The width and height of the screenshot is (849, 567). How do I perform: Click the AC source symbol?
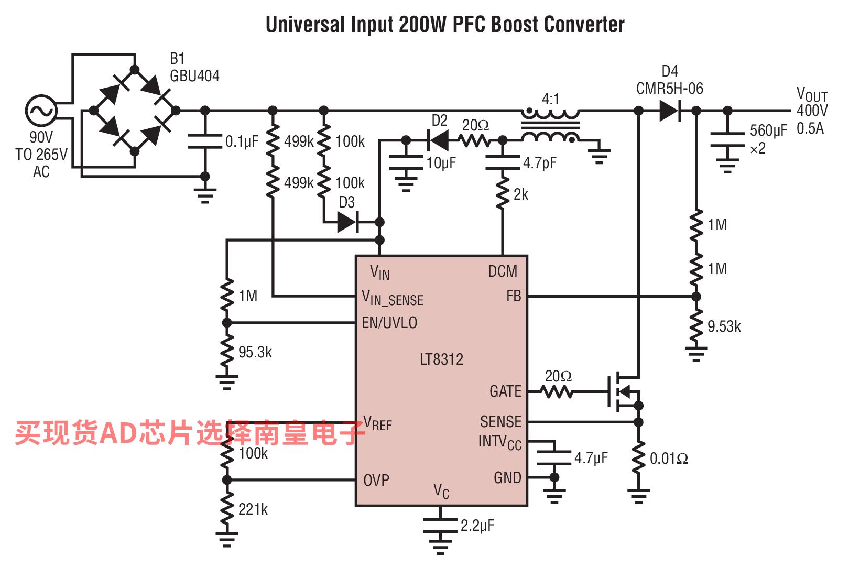41,111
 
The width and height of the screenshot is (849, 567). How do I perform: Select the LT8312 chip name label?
442,359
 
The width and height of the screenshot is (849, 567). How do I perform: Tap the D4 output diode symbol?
670,111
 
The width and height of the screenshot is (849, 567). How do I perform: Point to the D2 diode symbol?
438,140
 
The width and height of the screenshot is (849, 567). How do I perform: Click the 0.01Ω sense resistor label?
669,459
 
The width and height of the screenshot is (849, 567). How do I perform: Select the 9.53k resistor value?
724,326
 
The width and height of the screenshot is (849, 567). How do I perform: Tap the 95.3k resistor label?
255,352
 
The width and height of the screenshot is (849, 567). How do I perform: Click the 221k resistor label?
253,509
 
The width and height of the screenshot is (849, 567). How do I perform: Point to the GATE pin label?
505,391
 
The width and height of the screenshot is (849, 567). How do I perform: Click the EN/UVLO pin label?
389,323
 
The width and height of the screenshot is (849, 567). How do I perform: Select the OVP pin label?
376,480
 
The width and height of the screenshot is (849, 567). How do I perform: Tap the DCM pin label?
503,271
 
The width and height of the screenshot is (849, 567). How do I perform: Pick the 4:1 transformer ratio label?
550,99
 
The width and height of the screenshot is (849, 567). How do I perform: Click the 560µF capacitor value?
768,130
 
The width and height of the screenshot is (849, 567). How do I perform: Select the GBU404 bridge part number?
194,76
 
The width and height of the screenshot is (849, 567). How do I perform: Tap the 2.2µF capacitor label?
477,526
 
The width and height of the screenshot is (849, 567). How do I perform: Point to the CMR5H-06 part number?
669,89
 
